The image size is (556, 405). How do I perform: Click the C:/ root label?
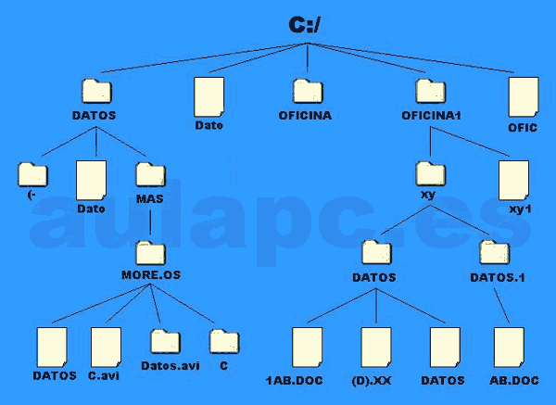pyautogui.click(x=304, y=25)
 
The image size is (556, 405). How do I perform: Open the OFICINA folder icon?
pyautogui.click(x=308, y=91)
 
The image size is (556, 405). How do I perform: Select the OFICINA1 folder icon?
pyautogui.click(x=430, y=91)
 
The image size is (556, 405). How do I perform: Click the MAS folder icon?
pyautogui.click(x=149, y=174)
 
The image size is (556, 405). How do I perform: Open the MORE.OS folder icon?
pyautogui.click(x=151, y=252)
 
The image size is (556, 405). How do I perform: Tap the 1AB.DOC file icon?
pyautogui.click(x=307, y=348)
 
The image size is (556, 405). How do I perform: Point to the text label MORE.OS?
pyautogui.click(x=151, y=275)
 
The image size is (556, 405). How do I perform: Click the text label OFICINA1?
pyautogui.click(x=430, y=116)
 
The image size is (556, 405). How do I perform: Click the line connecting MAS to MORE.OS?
pyautogui.click(x=150, y=221)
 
